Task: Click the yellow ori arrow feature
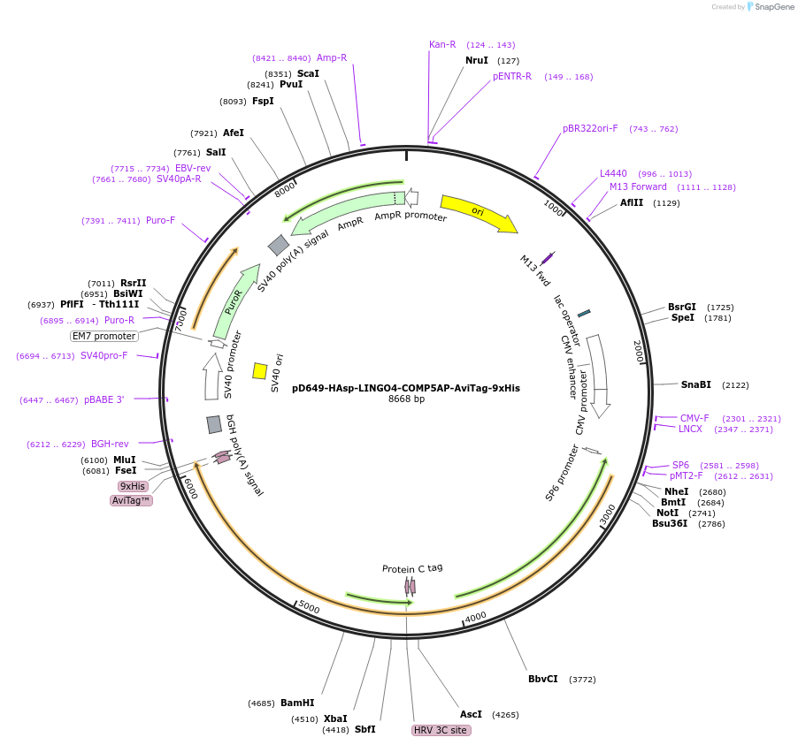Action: pos(478,213)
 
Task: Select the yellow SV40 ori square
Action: pos(260,370)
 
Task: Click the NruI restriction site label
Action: pos(477,60)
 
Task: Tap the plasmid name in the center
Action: pos(406,387)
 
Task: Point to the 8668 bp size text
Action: pos(406,399)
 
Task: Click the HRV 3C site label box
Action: pos(441,730)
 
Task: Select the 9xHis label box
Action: pos(133,486)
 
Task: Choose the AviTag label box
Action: pos(131,500)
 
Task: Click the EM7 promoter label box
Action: pos(104,336)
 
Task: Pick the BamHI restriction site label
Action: pos(297,703)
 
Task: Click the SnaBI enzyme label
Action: pos(695,384)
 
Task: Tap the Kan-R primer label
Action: pos(442,44)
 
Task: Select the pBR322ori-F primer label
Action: pos(590,128)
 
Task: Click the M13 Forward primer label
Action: pos(638,186)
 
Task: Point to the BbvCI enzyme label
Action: pos(543,679)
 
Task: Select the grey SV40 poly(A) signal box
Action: pos(279,245)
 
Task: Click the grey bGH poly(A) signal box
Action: pos(214,424)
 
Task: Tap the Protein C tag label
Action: pos(412,568)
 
